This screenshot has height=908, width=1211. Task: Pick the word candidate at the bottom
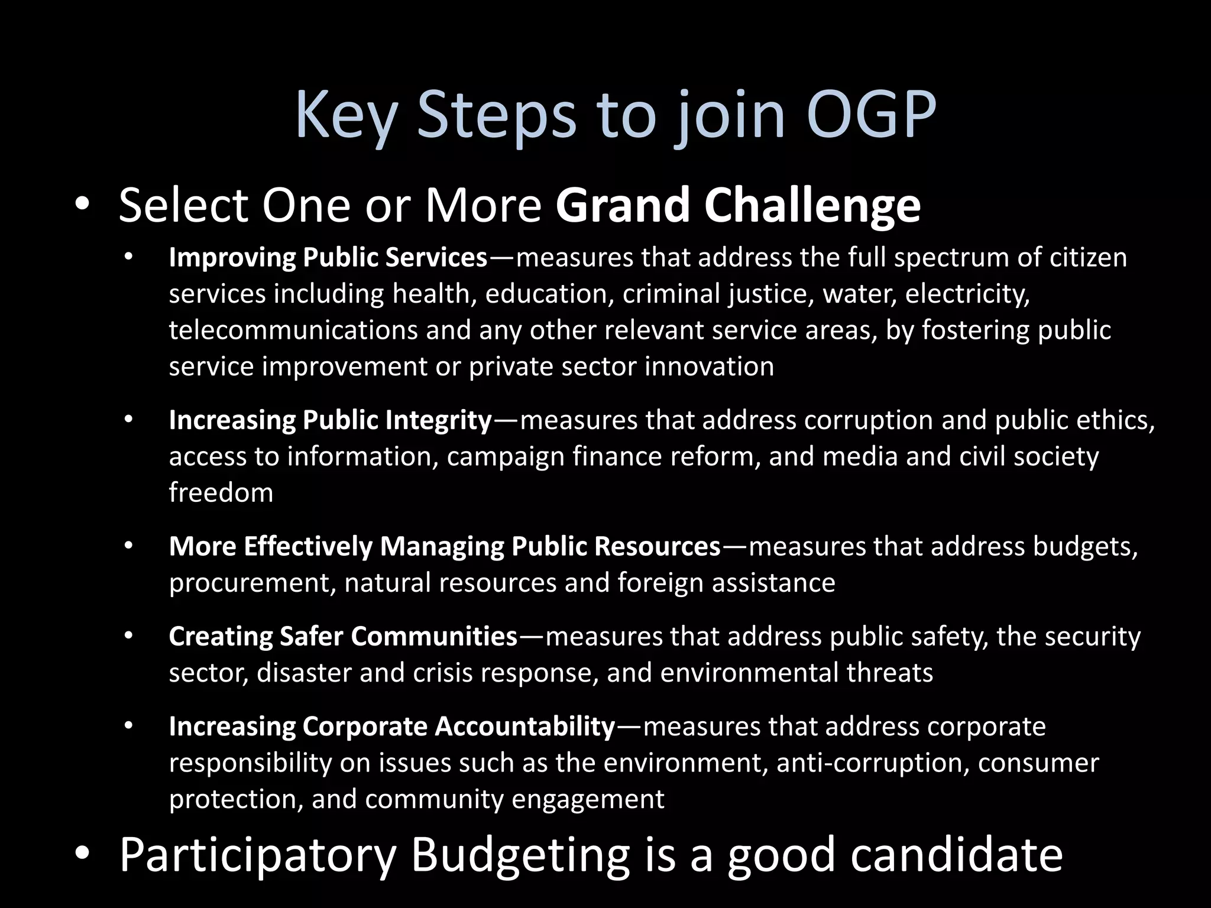point(956,855)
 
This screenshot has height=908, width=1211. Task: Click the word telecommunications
point(293,330)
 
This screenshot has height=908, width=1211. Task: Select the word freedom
point(221,492)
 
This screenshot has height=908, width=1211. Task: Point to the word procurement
point(252,583)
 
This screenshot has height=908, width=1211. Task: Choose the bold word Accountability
point(525,727)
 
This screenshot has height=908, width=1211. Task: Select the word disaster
point(304,673)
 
